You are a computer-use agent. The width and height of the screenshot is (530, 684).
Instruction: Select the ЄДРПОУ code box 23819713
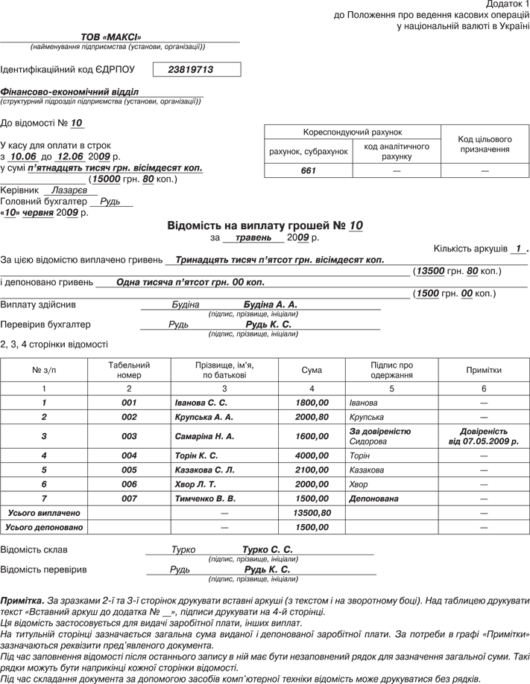click(191, 69)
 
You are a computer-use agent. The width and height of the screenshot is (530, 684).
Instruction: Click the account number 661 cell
click(309, 171)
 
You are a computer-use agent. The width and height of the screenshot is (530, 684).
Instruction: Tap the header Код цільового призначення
click(485, 144)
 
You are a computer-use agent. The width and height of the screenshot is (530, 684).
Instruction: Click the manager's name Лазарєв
click(70, 191)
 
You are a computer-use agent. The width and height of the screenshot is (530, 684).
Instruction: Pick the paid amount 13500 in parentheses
click(430, 272)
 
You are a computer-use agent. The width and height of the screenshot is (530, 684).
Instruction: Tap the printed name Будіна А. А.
click(270, 305)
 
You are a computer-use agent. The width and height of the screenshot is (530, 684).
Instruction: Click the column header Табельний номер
click(129, 370)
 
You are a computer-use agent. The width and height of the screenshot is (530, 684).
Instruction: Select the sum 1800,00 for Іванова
click(312, 403)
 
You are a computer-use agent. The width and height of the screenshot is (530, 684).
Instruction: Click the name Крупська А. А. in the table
click(204, 417)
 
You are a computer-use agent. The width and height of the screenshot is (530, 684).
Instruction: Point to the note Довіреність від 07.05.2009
click(483, 436)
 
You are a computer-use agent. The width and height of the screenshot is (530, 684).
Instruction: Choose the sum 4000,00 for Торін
click(312, 456)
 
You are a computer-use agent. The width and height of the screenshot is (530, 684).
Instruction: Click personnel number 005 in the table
click(129, 470)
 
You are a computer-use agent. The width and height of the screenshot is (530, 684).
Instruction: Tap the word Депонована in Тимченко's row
click(373, 499)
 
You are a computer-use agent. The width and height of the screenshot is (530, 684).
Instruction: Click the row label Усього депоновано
click(43, 527)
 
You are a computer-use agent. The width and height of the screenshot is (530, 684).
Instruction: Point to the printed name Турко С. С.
click(267, 550)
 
